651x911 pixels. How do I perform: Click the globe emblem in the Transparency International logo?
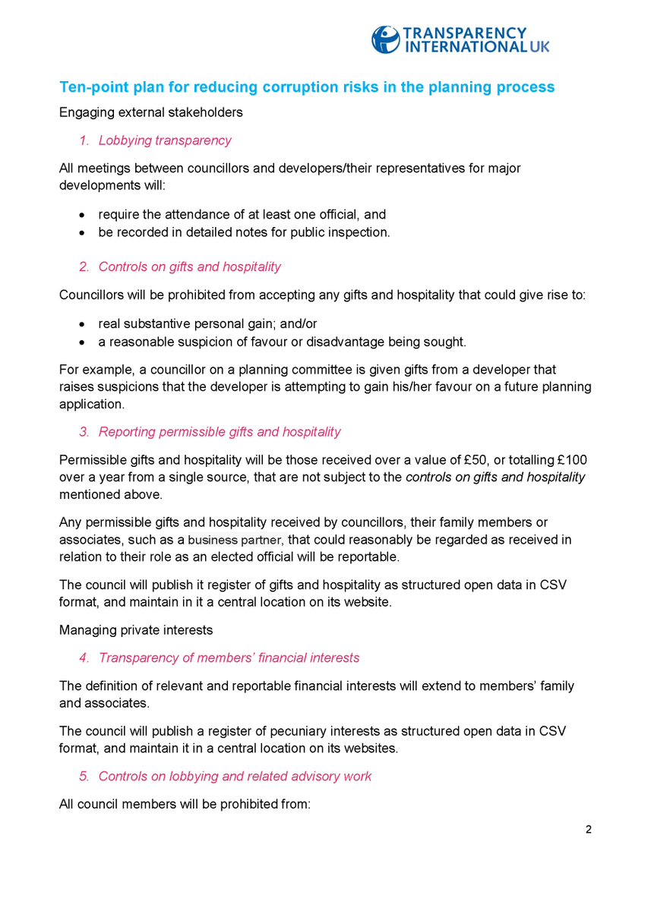pyautogui.click(x=385, y=39)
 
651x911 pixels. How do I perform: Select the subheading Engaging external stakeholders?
pyautogui.click(x=150, y=112)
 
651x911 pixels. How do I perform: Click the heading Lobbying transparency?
pyautogui.click(x=165, y=140)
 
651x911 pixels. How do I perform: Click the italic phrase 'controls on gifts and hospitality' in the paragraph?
pyautogui.click(x=495, y=477)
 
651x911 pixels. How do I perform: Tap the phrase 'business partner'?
pyautogui.click(x=235, y=540)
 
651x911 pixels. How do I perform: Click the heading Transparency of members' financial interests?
pyautogui.click(x=229, y=657)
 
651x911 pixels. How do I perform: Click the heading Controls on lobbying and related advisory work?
pyautogui.click(x=235, y=776)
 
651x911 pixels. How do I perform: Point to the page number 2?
pyautogui.click(x=588, y=828)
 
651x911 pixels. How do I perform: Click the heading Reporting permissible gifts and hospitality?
pyautogui.click(x=220, y=432)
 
